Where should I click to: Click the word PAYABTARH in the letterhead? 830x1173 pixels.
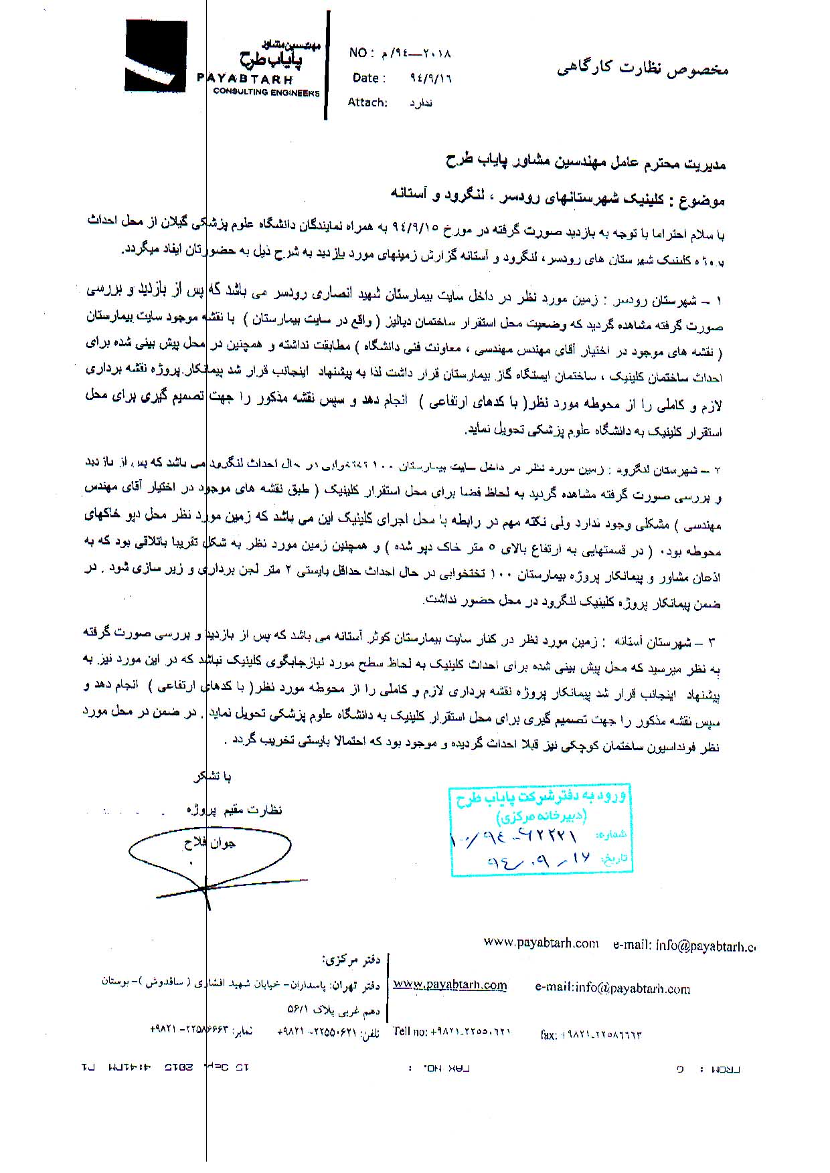(x=244, y=78)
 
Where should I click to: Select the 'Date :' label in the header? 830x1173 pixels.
(x=369, y=78)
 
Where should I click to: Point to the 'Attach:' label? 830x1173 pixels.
(x=367, y=102)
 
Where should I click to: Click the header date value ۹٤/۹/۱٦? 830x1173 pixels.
(x=430, y=78)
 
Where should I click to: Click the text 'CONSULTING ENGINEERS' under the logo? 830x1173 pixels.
(x=266, y=92)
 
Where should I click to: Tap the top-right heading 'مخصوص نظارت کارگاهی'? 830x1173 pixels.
(x=642, y=69)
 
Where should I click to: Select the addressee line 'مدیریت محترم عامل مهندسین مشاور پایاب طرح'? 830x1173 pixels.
(x=586, y=163)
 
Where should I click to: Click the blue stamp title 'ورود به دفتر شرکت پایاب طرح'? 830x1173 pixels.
(x=541, y=798)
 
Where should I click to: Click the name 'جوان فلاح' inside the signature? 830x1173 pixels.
(x=210, y=844)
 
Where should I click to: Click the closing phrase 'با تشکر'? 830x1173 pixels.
(x=212, y=777)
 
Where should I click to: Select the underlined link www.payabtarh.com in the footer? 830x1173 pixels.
(x=450, y=985)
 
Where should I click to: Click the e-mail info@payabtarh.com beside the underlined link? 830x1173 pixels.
(x=612, y=989)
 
